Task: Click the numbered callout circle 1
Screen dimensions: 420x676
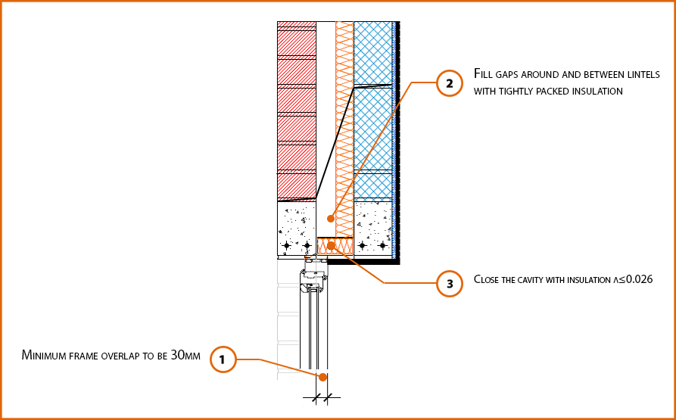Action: pos(222,360)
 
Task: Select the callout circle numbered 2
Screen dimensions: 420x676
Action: pos(450,84)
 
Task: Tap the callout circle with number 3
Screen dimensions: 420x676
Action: pos(450,284)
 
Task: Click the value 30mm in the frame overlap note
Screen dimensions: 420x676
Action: pos(187,355)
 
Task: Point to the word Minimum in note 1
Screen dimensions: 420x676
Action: pos(45,355)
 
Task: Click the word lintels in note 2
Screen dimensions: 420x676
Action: pos(643,74)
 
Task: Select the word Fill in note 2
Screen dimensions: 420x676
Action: pos(483,74)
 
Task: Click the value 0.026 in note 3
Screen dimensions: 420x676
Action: pos(636,279)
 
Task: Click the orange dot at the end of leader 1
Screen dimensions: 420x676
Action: pos(322,377)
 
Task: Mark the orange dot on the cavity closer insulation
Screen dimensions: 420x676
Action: pos(331,245)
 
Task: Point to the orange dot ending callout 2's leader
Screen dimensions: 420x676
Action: pos(330,219)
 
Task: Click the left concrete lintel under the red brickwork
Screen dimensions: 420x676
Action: pos(296,228)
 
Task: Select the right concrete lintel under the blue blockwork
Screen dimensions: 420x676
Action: pos(372,228)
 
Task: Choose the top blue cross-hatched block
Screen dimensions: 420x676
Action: pos(373,51)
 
